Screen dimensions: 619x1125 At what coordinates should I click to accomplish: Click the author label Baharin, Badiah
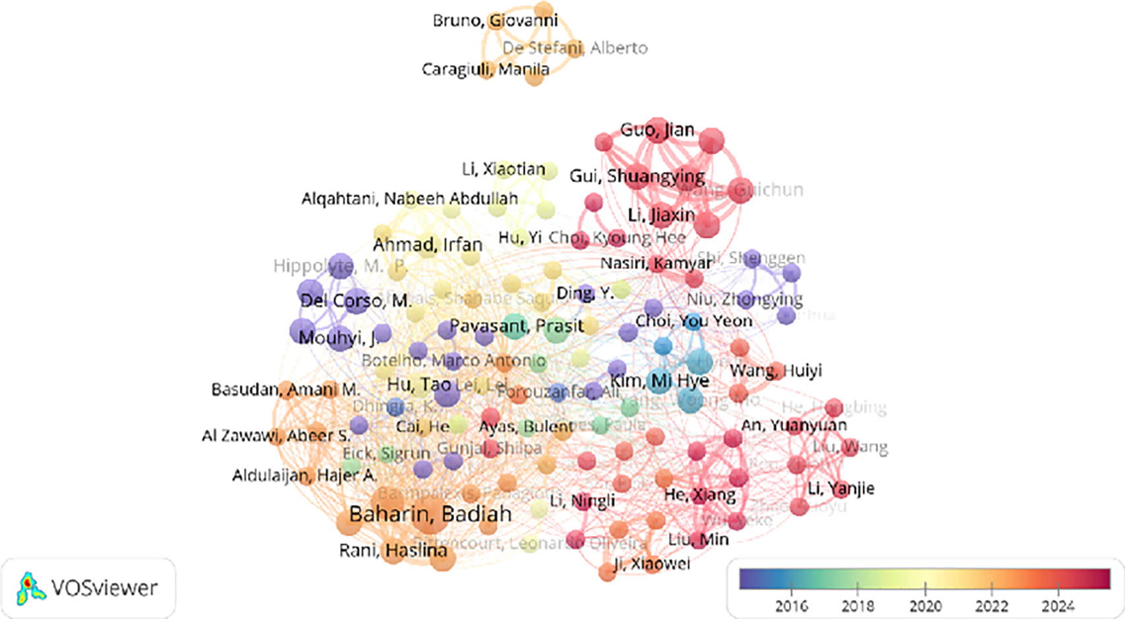point(430,514)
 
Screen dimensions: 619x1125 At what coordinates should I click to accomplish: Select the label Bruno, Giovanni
point(495,21)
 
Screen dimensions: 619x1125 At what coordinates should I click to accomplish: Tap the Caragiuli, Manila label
point(485,69)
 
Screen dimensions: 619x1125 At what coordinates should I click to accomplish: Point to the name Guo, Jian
point(657,130)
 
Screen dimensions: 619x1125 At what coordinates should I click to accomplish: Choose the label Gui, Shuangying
point(637,176)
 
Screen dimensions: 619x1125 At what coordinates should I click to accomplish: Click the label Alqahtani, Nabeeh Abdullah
point(409,198)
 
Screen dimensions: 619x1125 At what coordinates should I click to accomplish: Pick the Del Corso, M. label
point(356,301)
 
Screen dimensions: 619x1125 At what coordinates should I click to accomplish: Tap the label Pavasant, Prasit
point(517,326)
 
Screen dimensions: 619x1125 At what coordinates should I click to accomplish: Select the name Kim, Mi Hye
point(659,381)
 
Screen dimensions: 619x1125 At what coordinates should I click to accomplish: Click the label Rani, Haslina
point(393,550)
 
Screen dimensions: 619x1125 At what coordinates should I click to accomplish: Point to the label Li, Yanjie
point(841,488)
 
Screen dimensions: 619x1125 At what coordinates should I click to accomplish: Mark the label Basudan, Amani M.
point(285,390)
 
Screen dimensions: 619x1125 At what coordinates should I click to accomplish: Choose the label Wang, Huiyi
point(776,371)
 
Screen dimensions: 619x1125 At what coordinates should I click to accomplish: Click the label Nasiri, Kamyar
point(656,264)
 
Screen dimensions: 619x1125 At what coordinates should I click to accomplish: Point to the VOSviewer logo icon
point(31,588)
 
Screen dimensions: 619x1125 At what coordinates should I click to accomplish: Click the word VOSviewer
point(104,588)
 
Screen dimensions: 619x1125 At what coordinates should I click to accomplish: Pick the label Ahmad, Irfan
point(427,245)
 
